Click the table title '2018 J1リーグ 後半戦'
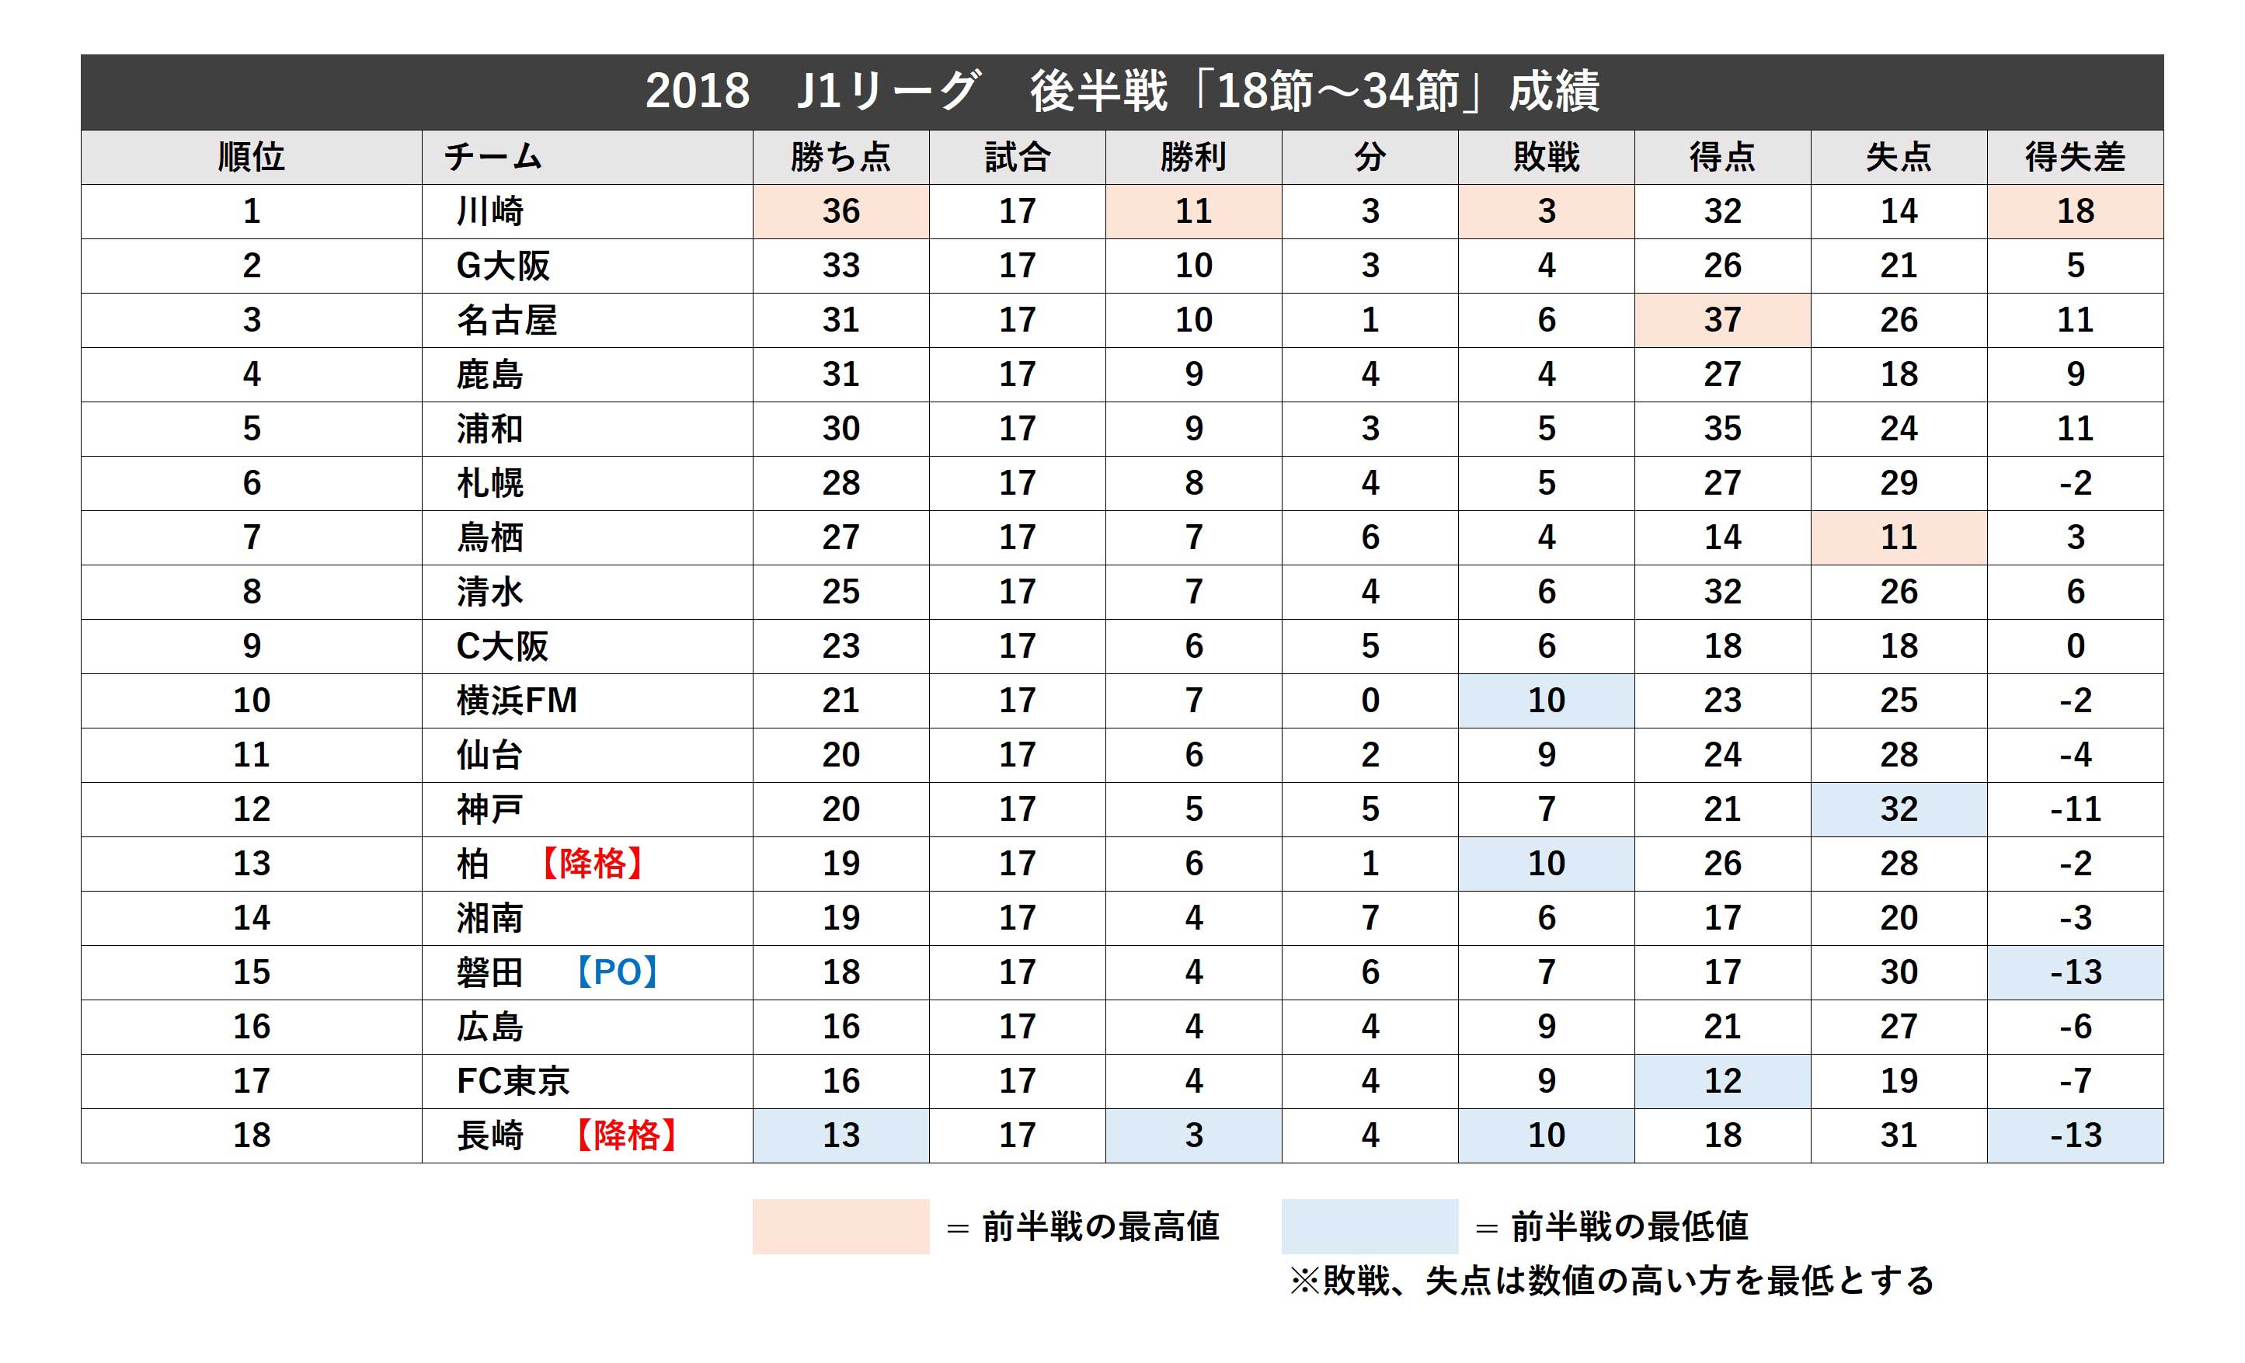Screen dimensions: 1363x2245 1122,91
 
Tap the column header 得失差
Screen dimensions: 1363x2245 2075,158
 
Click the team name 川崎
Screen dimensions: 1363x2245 490,211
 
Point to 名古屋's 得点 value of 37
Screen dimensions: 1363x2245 1722,320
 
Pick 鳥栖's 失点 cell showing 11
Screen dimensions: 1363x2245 1899,537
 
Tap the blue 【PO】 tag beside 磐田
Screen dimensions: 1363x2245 617,972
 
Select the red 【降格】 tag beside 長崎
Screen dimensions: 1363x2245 627,1135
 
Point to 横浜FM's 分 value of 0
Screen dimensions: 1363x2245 1370,701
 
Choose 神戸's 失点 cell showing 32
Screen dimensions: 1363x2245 1899,809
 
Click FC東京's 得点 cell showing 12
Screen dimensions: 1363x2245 1722,1080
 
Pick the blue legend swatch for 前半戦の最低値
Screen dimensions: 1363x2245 1369,1226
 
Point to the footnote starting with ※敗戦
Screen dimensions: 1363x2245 1611,1281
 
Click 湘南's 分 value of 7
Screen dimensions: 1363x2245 1370,917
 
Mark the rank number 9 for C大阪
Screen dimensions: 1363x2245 252,646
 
